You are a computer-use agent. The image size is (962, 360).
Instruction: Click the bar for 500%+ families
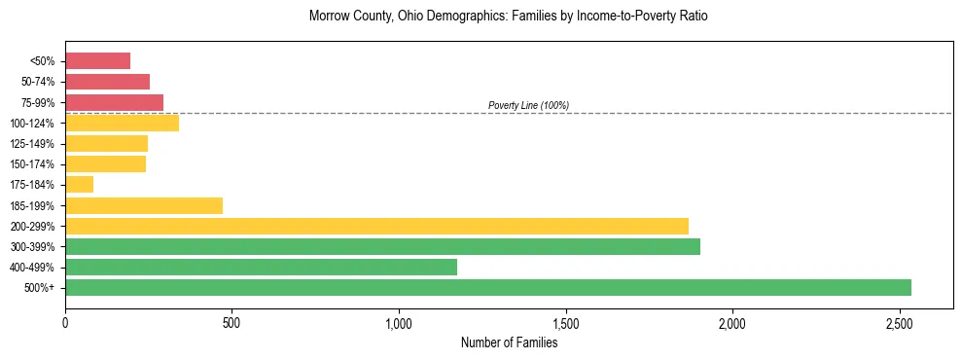click(x=487, y=287)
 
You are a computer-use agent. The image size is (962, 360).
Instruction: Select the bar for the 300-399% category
click(x=382, y=246)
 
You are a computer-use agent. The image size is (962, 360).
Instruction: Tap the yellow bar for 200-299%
click(x=376, y=226)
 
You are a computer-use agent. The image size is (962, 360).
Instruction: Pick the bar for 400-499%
click(x=261, y=267)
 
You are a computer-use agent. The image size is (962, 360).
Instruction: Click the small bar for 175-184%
click(x=79, y=185)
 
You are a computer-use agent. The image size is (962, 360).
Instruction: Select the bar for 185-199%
click(x=144, y=205)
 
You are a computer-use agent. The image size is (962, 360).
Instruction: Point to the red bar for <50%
click(x=97, y=61)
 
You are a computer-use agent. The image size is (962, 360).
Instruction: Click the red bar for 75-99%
click(x=114, y=102)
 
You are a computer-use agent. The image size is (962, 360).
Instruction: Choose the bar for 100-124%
click(x=122, y=124)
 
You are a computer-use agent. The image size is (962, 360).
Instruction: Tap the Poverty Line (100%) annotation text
click(x=528, y=105)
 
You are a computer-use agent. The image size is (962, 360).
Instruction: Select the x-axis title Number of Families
click(x=509, y=342)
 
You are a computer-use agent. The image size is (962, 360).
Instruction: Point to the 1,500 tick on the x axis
click(x=565, y=323)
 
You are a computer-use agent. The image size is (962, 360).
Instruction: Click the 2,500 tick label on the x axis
click(x=899, y=323)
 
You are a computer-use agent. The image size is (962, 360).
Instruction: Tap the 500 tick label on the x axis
click(x=232, y=323)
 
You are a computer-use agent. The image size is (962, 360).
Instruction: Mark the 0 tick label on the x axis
click(x=65, y=323)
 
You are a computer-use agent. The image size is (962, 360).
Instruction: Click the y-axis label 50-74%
click(x=38, y=83)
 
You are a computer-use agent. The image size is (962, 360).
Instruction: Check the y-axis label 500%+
click(x=40, y=288)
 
